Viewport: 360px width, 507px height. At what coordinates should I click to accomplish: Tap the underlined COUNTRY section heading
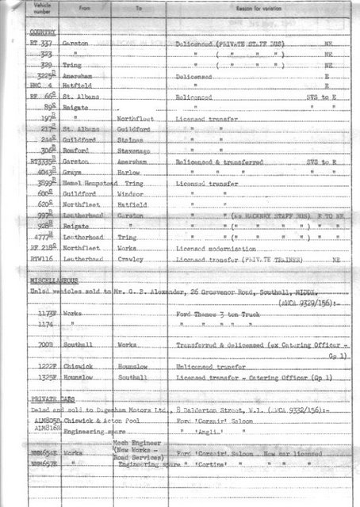coord(43,33)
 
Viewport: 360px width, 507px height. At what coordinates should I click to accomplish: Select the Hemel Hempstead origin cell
coord(88,182)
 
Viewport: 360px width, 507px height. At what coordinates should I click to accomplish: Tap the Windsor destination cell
coord(128,193)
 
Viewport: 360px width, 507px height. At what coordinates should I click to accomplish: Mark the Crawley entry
coord(128,258)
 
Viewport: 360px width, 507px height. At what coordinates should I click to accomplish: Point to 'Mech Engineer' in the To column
coord(136,442)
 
